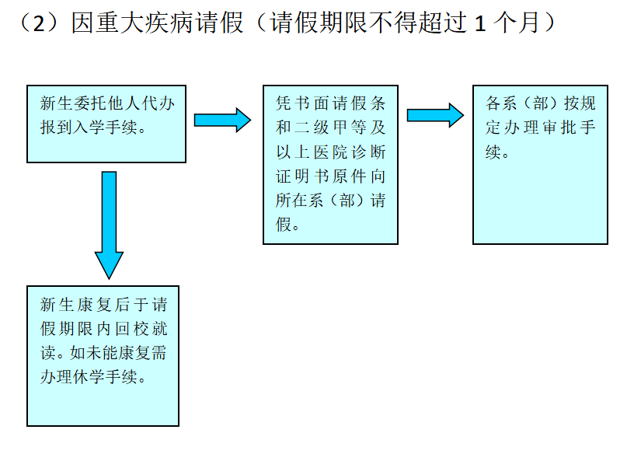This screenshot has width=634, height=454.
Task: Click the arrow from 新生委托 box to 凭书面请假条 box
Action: pyautogui.click(x=222, y=120)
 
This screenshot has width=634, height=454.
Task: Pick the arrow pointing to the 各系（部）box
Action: pyautogui.click(x=435, y=115)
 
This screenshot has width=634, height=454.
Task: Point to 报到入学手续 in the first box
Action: pyautogui.click(x=93, y=127)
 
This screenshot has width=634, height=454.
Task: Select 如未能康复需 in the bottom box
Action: pyautogui.click(x=117, y=352)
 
